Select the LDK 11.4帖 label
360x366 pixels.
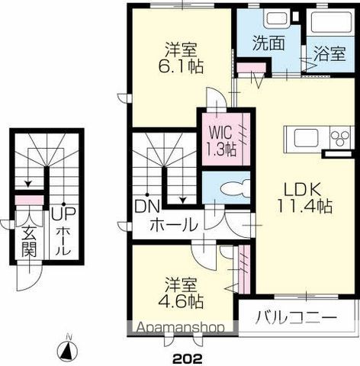pos(303,195)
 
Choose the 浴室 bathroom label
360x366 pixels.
pos(329,54)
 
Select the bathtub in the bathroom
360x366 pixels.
pos(330,23)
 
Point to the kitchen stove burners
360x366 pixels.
pos(337,137)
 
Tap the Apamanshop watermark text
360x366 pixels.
pos(181,329)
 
